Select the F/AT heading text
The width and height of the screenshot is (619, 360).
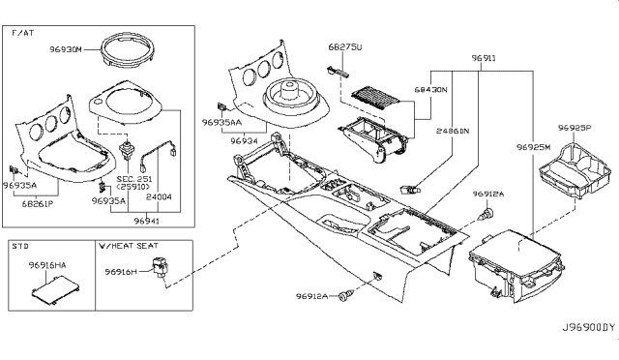[22, 33]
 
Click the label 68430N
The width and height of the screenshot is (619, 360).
[430, 89]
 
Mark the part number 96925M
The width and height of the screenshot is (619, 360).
[532, 146]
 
